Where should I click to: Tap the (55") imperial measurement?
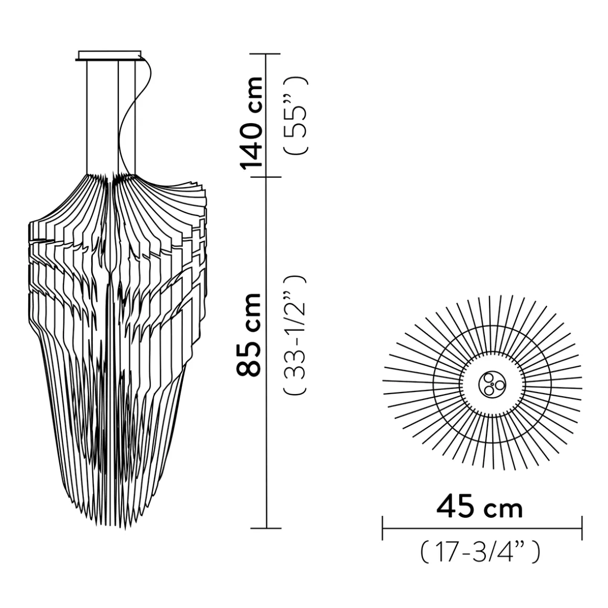point(295,115)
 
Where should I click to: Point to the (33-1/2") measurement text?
point(294,334)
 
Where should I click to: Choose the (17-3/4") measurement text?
point(480,552)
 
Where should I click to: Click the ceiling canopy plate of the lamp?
point(110,55)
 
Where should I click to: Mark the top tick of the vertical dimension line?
point(267,54)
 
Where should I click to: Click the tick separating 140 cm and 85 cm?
point(267,177)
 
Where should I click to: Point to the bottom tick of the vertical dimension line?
point(267,528)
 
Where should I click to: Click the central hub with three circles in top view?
point(491,385)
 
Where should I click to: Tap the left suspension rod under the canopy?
point(87,115)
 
